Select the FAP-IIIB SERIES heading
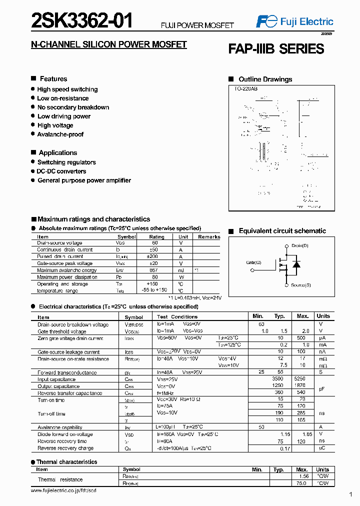276,49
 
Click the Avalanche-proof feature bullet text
60,134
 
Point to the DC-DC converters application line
61,171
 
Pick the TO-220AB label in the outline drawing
245,88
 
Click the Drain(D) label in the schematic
299,246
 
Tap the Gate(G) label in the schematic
253,262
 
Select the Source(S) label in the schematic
300,285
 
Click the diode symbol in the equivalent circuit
296,264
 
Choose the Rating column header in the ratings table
156,237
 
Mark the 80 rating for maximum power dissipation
155,277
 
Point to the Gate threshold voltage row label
62,331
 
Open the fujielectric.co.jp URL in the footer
63,491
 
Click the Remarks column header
209,237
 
